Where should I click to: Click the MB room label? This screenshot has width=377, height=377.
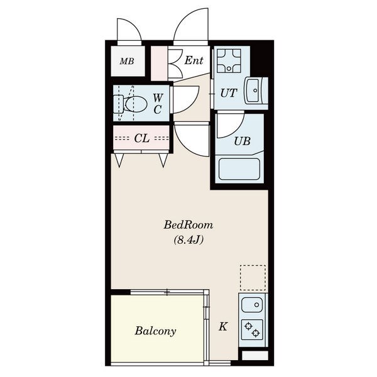coord(127,62)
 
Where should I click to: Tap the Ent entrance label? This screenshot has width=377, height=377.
coord(194,60)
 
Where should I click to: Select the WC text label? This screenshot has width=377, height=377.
coord(158,104)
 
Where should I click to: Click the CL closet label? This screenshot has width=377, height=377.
coord(142,138)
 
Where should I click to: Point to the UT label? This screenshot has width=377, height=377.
coord(229,93)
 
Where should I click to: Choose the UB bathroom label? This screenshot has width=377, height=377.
coord(243,141)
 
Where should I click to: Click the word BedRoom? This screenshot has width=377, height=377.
coord(188,226)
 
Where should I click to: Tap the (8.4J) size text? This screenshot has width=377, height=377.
coord(188,240)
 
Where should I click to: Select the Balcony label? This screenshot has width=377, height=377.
coord(155,331)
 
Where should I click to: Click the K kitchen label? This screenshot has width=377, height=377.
coord(223,327)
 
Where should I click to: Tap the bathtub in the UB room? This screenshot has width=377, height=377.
coord(239,169)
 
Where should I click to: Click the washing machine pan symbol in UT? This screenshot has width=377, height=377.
coord(229,61)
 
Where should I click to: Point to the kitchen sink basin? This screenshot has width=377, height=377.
coord(252,305)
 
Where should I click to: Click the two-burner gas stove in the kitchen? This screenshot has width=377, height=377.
coord(252,329)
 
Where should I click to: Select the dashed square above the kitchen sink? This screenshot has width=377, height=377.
coord(253,278)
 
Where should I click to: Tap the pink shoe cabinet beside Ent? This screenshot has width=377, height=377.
coord(159,63)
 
